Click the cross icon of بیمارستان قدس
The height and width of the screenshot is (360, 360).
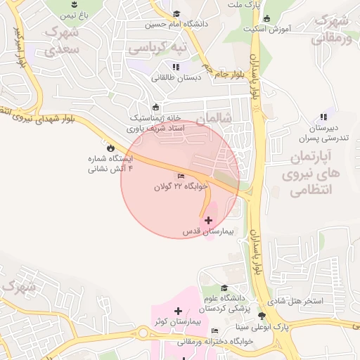pyautogui.click(x=208, y=220)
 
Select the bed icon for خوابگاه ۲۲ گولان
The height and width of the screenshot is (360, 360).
pyautogui.click(x=181, y=176)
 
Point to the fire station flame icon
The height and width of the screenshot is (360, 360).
pyautogui.click(x=110, y=148)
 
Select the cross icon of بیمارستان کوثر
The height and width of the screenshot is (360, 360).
pyautogui.click(x=178, y=311)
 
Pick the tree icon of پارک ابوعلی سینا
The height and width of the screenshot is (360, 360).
pyautogui.click(x=262, y=316)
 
